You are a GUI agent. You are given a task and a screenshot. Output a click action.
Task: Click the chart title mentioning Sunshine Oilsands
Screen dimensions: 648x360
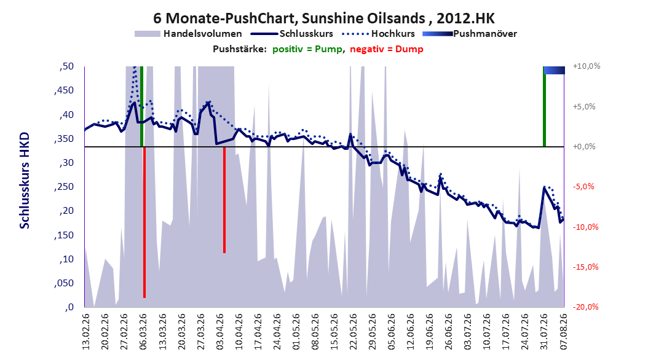coord(323,18)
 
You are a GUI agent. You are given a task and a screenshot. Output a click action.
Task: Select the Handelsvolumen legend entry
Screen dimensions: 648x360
coord(188,34)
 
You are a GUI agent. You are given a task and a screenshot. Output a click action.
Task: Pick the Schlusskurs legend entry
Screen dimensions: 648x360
coord(292,34)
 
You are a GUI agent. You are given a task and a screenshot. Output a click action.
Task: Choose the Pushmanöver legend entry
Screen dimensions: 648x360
coord(470,34)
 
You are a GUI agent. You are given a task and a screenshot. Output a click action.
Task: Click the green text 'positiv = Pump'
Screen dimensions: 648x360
coord(307,49)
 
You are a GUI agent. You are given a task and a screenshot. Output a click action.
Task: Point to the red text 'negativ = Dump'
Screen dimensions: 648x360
coord(387,49)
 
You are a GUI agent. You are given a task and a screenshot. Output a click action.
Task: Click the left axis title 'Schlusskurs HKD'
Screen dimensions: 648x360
coord(25,181)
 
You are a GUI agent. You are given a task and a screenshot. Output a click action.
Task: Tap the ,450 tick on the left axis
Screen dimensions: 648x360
coord(64,90)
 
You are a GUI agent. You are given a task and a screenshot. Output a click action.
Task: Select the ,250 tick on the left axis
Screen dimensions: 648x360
coord(64,187)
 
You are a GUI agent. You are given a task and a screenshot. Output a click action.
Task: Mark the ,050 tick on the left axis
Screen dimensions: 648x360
coord(64,283)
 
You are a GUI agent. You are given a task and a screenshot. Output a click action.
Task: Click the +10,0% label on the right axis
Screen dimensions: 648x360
coord(587,66)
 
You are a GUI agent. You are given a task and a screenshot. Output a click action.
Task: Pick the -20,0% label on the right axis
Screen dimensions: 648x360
coord(587,307)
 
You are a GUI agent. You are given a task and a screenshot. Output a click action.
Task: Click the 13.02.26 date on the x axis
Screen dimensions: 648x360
coord(86,332)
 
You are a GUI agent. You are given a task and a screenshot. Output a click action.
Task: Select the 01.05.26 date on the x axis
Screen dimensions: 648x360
coord(296,332)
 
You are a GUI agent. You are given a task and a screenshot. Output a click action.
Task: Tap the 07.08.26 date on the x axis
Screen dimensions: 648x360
coord(564,332)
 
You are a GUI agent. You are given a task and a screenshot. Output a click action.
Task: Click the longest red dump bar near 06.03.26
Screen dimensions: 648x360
coord(144,222)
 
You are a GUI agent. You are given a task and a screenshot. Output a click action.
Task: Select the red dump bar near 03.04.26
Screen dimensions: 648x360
coord(224,200)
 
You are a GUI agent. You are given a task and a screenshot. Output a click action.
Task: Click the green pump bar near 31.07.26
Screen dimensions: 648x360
coord(544,106)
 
